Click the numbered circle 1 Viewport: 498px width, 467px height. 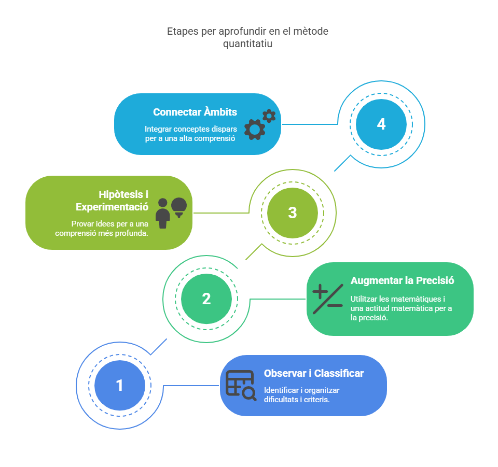(120, 386)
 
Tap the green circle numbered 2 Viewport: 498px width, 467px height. (206, 299)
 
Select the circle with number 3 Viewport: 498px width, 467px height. (293, 213)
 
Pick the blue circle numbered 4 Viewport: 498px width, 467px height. (381, 124)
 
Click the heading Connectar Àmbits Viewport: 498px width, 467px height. (195, 112)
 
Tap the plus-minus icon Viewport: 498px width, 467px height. (328, 299)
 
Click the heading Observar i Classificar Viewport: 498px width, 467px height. (314, 373)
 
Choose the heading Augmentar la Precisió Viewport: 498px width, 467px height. (402, 280)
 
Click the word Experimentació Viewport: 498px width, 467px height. (112, 207)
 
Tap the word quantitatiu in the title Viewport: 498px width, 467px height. (248, 44)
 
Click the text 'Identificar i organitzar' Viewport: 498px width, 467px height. (302, 390)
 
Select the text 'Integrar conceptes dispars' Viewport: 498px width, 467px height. (191, 129)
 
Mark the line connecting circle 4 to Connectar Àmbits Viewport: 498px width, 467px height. (310, 124)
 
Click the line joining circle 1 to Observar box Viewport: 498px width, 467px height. (191, 386)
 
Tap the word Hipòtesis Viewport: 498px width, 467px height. (121, 194)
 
